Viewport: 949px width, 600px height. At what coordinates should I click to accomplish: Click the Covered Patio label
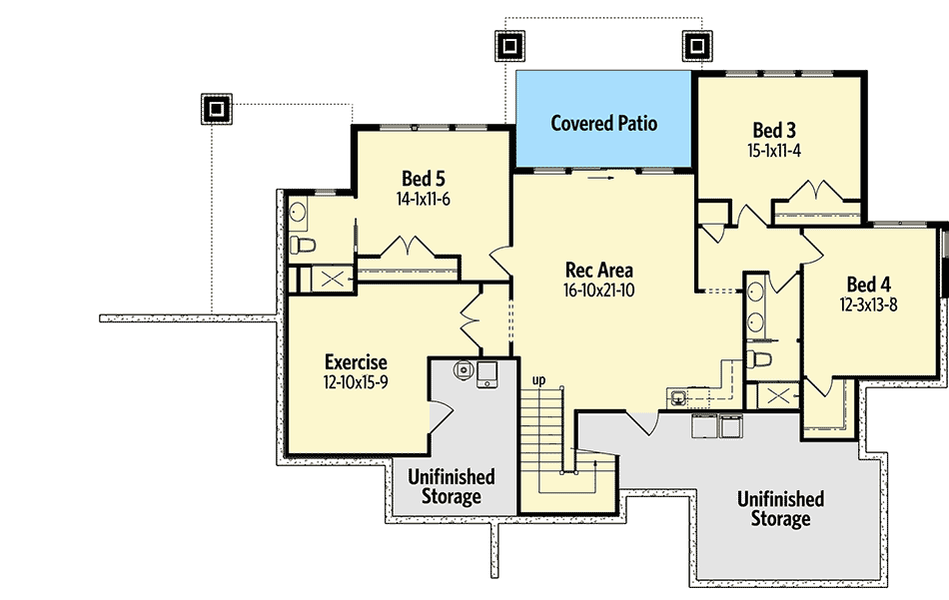point(604,124)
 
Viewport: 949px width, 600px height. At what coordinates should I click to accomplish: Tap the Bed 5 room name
point(424,179)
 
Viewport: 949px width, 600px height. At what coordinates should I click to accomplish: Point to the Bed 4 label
point(868,285)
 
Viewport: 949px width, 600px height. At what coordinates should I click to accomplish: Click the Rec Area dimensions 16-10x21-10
point(599,291)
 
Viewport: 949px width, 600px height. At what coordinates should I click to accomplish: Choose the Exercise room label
point(355,362)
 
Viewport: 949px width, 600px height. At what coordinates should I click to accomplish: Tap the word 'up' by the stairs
point(538,380)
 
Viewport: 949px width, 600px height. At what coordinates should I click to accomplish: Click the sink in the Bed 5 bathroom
point(298,211)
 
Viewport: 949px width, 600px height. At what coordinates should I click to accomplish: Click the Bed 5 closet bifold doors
point(410,247)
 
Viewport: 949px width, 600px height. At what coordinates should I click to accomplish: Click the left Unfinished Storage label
point(451,486)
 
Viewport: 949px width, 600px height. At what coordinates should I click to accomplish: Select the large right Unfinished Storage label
point(780,507)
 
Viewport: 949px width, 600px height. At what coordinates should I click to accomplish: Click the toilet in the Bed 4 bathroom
point(761,360)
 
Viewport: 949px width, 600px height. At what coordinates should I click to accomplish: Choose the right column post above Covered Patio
point(695,45)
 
